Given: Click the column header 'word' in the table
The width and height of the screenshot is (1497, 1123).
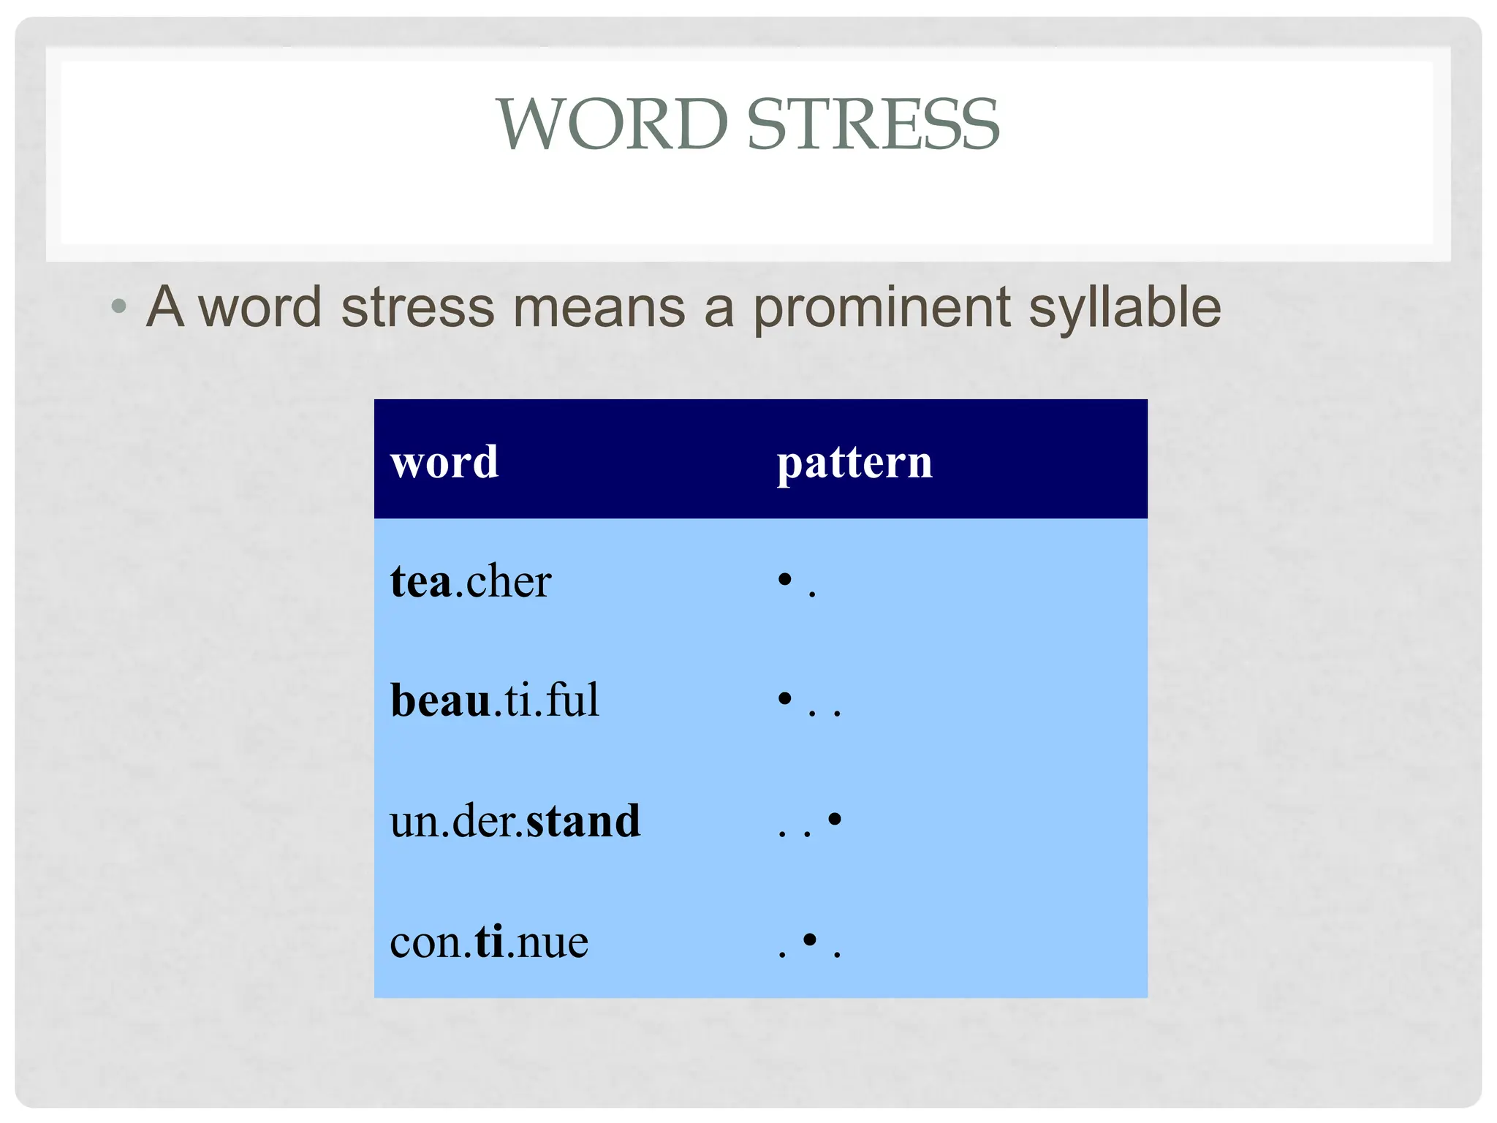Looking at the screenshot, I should [x=444, y=462].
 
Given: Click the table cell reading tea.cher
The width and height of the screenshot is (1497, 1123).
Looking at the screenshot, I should [x=471, y=582].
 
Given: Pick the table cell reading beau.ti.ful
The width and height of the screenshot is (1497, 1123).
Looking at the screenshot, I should [x=495, y=700].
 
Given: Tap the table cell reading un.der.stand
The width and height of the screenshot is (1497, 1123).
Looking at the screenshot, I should [x=515, y=820].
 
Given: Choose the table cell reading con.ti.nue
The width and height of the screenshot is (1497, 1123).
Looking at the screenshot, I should [x=489, y=942].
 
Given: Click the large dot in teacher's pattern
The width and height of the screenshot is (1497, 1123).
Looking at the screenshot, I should [x=785, y=580].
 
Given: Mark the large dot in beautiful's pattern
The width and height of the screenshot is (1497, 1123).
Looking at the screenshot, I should [x=785, y=699].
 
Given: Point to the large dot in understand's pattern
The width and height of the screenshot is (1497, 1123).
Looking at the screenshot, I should [x=835, y=819].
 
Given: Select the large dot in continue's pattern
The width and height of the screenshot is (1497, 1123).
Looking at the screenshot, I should [x=809, y=939].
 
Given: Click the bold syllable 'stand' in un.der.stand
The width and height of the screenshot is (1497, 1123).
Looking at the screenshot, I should [x=583, y=820].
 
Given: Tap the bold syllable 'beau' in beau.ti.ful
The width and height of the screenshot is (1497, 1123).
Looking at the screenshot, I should [x=440, y=700].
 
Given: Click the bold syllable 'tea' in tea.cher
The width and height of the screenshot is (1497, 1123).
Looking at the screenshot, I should [x=420, y=582].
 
